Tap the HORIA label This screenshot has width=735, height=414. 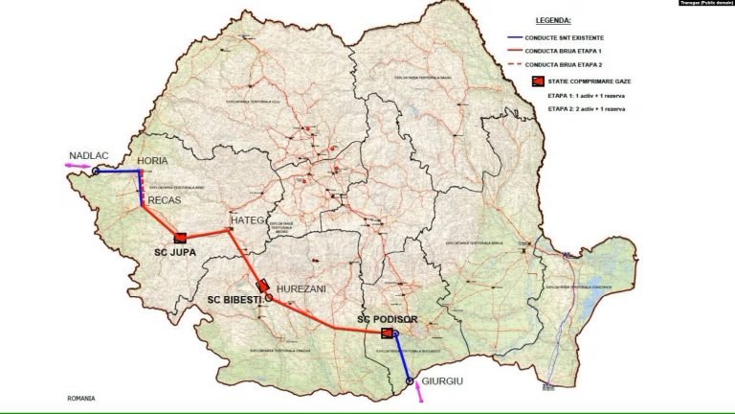click(x=155, y=160)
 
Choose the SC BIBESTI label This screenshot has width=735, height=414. click(x=234, y=299)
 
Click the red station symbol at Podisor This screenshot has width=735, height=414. click(x=387, y=333)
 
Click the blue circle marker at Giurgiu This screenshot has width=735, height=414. click(x=411, y=381)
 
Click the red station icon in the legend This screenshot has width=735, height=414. click(x=537, y=83)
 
